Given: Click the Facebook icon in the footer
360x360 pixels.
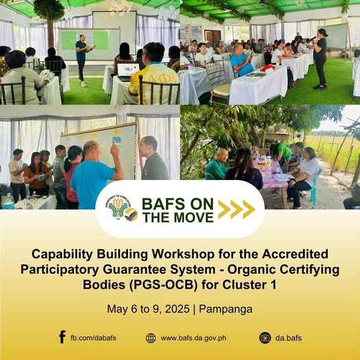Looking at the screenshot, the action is point(62,337).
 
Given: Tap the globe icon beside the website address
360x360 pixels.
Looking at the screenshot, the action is point(151,338).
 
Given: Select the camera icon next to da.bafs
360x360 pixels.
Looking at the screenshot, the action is point(265,338).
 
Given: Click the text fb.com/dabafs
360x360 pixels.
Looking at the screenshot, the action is point(94,338).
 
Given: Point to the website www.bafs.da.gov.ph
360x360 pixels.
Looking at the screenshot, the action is point(194,338).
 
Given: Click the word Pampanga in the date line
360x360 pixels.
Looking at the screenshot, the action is point(225,309).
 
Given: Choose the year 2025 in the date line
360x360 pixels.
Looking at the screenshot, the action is point(177,309).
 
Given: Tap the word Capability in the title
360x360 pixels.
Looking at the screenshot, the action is point(62,255).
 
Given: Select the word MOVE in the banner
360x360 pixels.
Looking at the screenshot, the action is point(194,218).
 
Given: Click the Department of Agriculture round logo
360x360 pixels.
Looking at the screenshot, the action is point(118,207).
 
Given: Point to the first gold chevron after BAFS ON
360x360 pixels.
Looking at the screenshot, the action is point(224,209).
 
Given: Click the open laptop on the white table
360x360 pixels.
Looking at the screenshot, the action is point(127,71).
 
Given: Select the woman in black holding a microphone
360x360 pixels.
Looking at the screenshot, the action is point(320,59).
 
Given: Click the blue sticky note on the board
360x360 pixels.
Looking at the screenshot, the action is point(117,140).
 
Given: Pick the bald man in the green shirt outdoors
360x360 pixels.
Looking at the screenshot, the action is point(216,164).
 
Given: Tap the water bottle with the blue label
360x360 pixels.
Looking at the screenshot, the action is point(8,201).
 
